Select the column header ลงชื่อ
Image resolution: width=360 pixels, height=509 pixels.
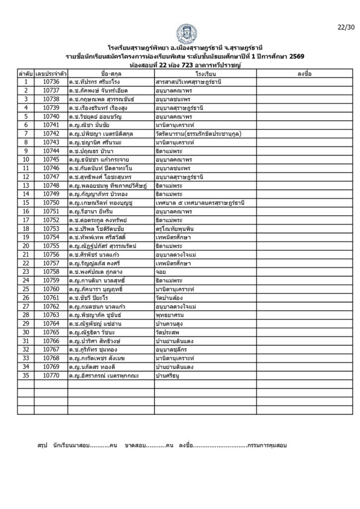[304, 74]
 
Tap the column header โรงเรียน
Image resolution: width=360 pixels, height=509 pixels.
[205, 74]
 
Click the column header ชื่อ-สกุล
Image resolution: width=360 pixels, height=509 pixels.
[110, 74]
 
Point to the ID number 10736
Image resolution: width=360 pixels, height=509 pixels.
[51, 82]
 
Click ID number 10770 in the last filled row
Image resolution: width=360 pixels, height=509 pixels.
[51, 376]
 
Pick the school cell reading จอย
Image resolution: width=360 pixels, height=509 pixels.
[161, 272]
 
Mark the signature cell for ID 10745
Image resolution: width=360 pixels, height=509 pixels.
[304, 160]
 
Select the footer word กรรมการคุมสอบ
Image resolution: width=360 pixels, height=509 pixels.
[267, 445]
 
